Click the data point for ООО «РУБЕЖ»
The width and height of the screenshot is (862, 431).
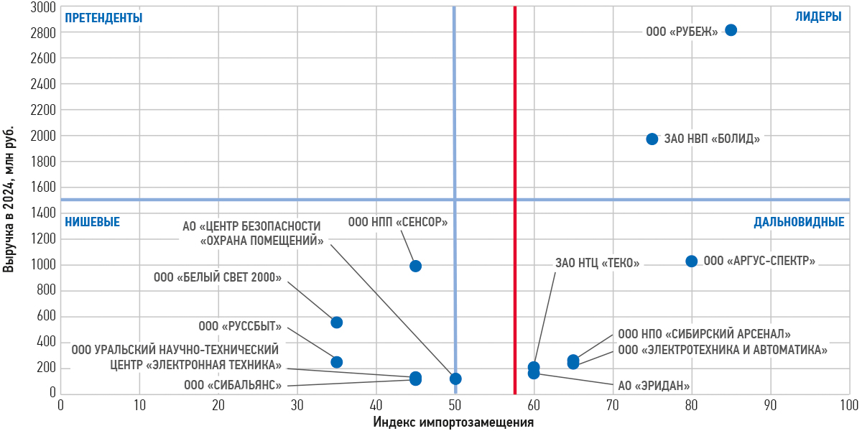point(731,30)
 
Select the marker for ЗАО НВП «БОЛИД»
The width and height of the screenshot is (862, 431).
point(652,139)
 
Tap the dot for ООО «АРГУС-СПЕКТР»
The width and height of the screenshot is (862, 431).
point(691,261)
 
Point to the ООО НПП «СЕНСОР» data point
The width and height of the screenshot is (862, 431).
point(415,266)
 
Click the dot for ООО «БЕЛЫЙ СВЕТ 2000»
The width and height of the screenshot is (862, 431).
point(336,323)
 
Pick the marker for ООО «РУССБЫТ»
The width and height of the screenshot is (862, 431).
point(336,362)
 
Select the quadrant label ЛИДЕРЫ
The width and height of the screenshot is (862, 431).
point(818,17)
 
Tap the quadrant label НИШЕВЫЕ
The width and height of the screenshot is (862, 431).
point(92,222)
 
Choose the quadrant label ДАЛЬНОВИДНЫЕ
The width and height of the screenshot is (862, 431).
point(799,222)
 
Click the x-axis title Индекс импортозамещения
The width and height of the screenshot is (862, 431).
point(453,422)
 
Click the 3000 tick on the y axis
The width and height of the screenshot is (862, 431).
point(44,7)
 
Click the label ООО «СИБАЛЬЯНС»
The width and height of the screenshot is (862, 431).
point(233,385)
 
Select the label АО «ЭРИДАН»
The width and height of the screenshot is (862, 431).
point(654,385)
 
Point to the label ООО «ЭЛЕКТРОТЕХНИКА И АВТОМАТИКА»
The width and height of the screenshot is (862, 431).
point(723,351)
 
